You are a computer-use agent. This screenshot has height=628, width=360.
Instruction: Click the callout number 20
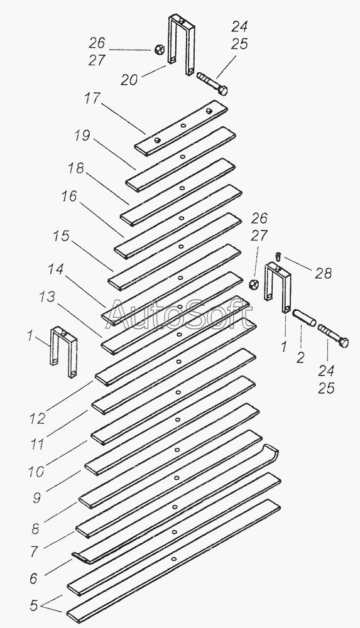[129, 80]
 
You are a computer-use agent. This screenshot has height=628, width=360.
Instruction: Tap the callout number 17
[92, 98]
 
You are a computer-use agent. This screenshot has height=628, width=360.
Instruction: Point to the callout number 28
[323, 273]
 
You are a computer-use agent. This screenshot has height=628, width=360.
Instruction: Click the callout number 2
[301, 357]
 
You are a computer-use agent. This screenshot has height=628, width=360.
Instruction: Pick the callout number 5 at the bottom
[34, 605]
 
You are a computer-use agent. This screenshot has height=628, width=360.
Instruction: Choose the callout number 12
[37, 418]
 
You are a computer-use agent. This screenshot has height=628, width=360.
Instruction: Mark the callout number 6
[34, 578]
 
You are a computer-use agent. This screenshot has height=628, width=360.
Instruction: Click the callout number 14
[57, 269]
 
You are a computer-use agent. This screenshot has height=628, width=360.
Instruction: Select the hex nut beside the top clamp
[159, 50]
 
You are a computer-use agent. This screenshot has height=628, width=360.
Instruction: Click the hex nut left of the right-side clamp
[253, 284]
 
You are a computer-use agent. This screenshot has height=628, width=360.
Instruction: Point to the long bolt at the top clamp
[212, 84]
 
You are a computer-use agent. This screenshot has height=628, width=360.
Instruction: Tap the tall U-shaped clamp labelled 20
[181, 44]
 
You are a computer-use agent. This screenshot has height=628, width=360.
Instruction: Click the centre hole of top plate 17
[183, 126]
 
